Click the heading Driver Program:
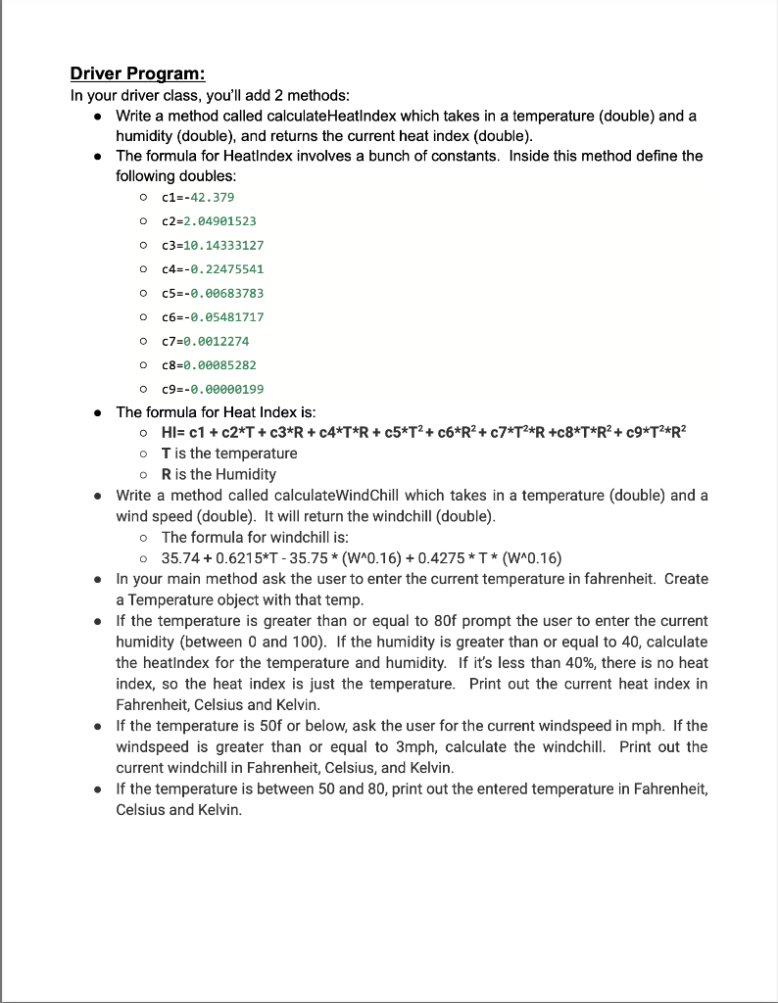(x=137, y=74)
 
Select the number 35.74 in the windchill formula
(x=180, y=558)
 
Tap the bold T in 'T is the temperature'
(x=167, y=454)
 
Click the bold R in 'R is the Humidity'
(x=167, y=474)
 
